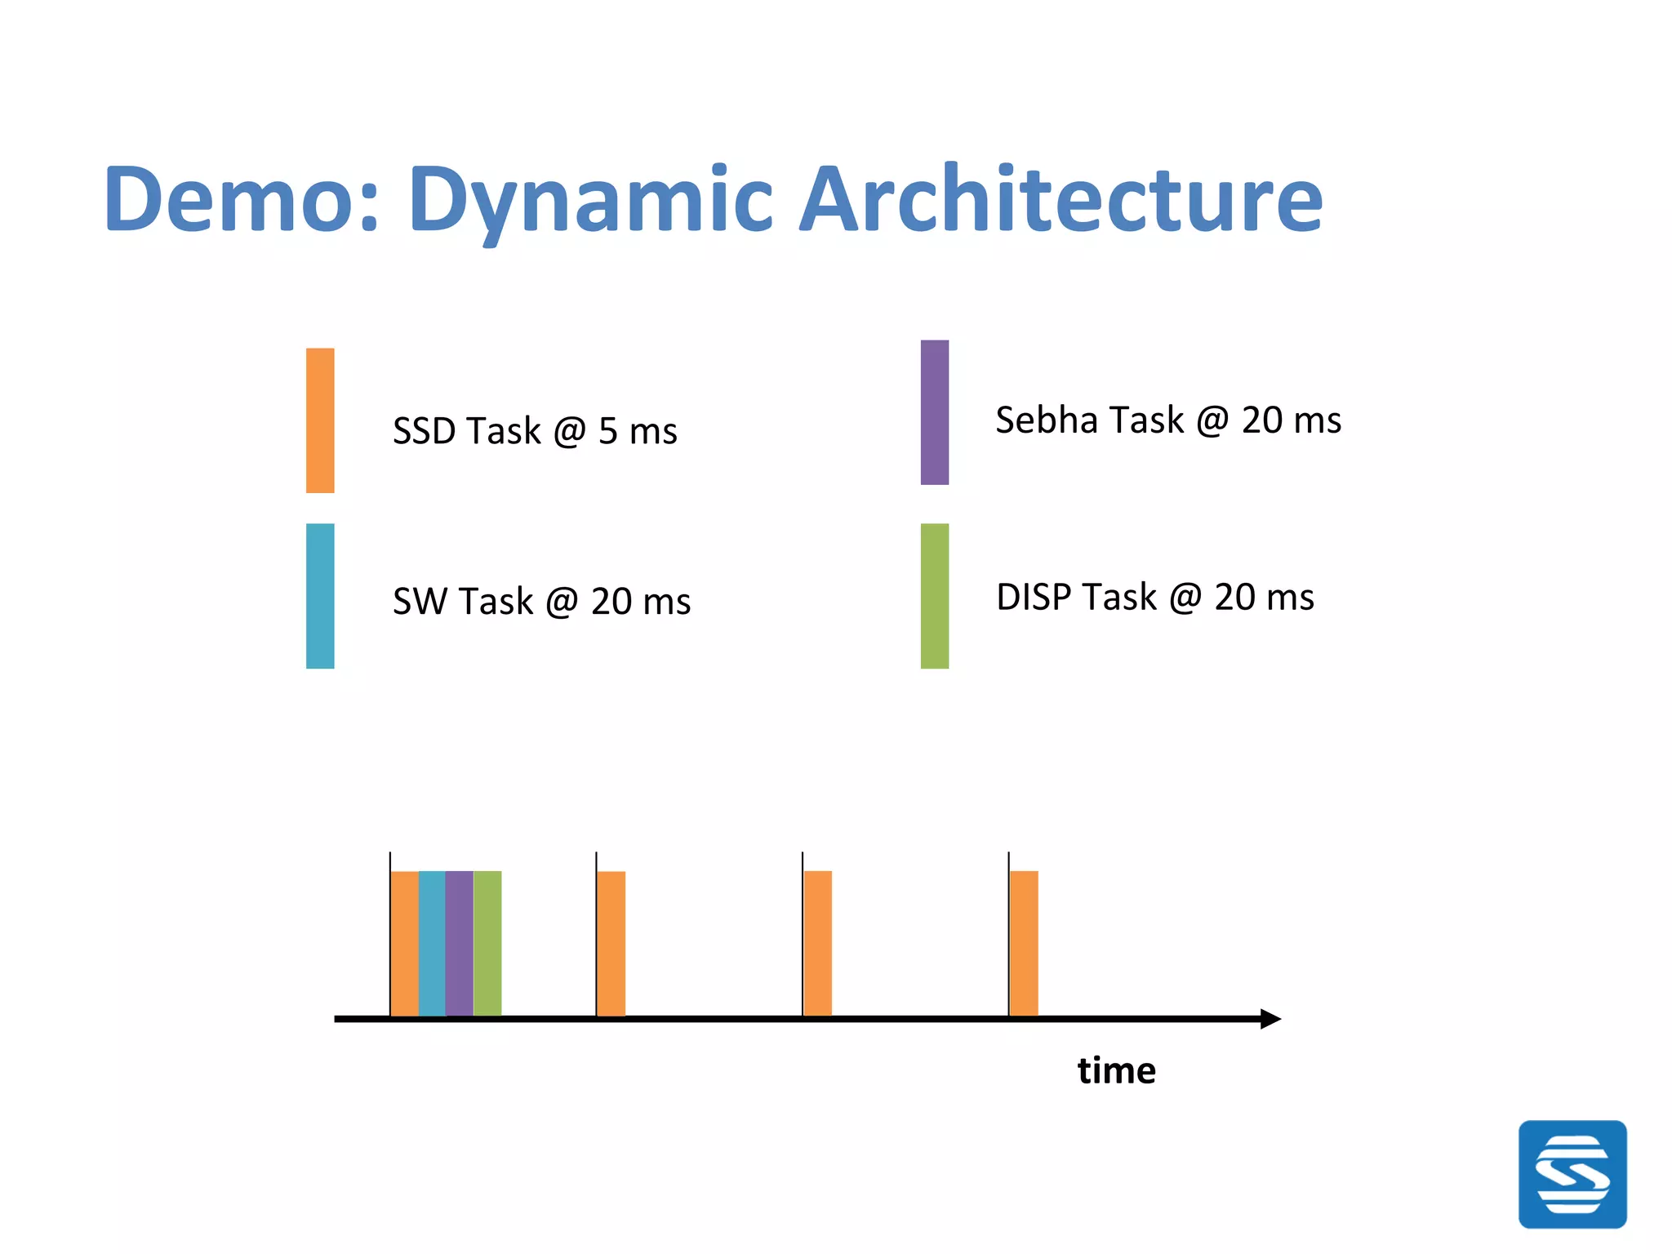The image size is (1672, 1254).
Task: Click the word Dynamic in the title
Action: [x=590, y=200]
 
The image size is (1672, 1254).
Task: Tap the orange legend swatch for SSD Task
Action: [x=320, y=420]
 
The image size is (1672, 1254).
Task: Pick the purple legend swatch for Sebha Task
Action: [x=935, y=412]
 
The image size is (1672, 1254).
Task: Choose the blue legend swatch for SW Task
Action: [x=320, y=596]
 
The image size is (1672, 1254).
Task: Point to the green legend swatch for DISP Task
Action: [x=935, y=596]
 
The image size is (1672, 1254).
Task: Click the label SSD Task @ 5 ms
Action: [x=535, y=431]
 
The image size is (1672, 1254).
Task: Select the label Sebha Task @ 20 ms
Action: [x=1168, y=420]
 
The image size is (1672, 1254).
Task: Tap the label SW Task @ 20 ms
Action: [x=541, y=602]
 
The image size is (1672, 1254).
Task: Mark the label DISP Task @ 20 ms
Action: [x=1155, y=598]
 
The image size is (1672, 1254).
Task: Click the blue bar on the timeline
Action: [x=432, y=943]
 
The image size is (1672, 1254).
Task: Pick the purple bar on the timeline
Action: [x=460, y=943]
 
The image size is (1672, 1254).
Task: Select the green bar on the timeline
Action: [x=487, y=943]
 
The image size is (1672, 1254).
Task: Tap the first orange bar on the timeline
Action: [x=405, y=943]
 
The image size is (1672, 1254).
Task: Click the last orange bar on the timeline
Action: [x=1024, y=943]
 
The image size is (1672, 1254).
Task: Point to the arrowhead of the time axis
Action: [x=1270, y=1019]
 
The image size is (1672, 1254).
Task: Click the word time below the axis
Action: [x=1116, y=1070]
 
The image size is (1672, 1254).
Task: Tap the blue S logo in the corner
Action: [x=1572, y=1174]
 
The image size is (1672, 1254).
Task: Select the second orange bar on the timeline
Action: [x=611, y=943]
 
